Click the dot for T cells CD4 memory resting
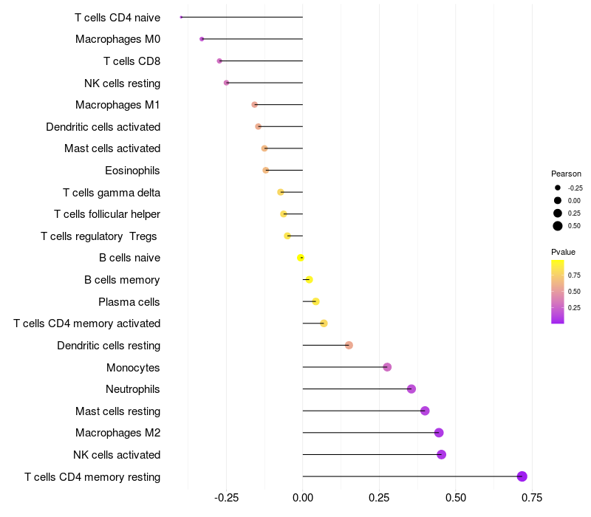coord(522,476)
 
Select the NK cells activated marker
coord(442,454)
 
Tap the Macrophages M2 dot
coord(439,433)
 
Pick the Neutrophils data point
coord(411,389)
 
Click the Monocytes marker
coord(387,367)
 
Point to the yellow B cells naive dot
coord(301,258)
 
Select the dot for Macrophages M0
coord(202,39)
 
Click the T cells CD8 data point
coord(219,61)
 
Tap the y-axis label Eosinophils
coord(132,171)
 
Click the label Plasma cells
coord(129,302)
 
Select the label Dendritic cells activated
coord(103,127)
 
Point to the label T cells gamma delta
coord(112,193)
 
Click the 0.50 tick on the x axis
coord(456,497)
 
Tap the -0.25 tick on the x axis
coord(226,497)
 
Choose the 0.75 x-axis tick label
coord(532,497)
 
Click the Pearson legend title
coord(567,174)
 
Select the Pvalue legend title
coord(564,252)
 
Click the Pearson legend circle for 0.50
coord(558,225)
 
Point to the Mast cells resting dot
coord(425,411)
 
